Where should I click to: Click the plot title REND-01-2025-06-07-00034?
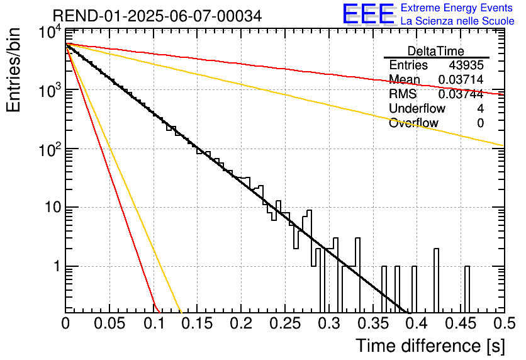tap(157, 16)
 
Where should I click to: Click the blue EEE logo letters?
tap(369, 14)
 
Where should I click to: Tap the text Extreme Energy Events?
tap(457, 8)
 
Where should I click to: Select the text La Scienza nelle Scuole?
tap(457, 21)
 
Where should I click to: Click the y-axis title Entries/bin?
tap(14, 70)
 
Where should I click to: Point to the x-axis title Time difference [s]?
tap(430, 346)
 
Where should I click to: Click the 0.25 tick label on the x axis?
tap(285, 323)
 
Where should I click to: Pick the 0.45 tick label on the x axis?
tap(461, 323)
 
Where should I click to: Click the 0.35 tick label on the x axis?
tap(373, 323)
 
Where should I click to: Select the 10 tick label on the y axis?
tap(53, 207)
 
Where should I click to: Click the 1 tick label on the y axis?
tap(57, 266)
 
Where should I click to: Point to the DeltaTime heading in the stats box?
tap(436, 52)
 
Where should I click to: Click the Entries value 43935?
tap(466, 65)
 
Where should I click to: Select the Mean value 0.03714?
tap(461, 79)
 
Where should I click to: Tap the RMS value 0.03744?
tap(461, 94)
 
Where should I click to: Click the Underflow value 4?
tap(480, 108)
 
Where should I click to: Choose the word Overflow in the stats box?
tap(413, 123)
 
